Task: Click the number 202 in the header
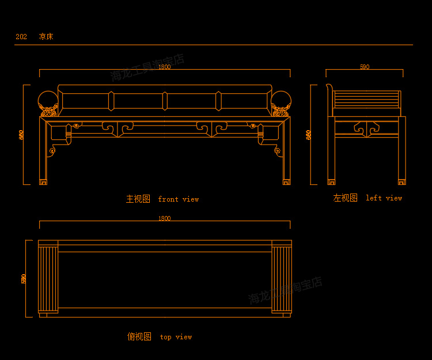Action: [21, 37]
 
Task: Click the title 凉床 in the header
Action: [46, 37]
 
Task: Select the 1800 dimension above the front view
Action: [164, 67]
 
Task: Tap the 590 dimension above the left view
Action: [365, 67]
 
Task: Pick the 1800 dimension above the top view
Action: [164, 218]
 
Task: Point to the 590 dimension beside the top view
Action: [24, 278]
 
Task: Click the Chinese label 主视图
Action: [138, 199]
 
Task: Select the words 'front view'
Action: [179, 199]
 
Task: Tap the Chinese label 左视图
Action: [345, 198]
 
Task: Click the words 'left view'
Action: [384, 198]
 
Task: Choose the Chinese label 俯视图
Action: [139, 336]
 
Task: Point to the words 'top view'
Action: [176, 337]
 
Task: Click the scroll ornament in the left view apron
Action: [365, 127]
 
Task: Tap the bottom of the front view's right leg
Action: [287, 181]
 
